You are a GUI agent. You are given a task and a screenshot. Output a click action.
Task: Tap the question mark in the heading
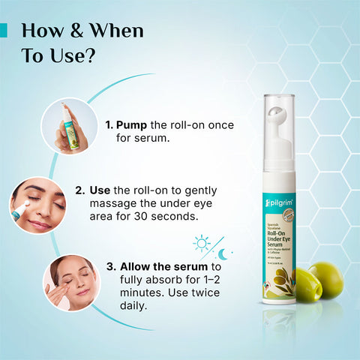91,56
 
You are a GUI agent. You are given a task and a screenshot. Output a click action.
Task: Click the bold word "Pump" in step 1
131,124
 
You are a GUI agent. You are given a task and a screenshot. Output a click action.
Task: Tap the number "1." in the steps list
109,124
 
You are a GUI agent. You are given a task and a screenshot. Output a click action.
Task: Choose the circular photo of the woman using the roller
37,204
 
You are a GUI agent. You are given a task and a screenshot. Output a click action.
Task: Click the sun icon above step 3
202,242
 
